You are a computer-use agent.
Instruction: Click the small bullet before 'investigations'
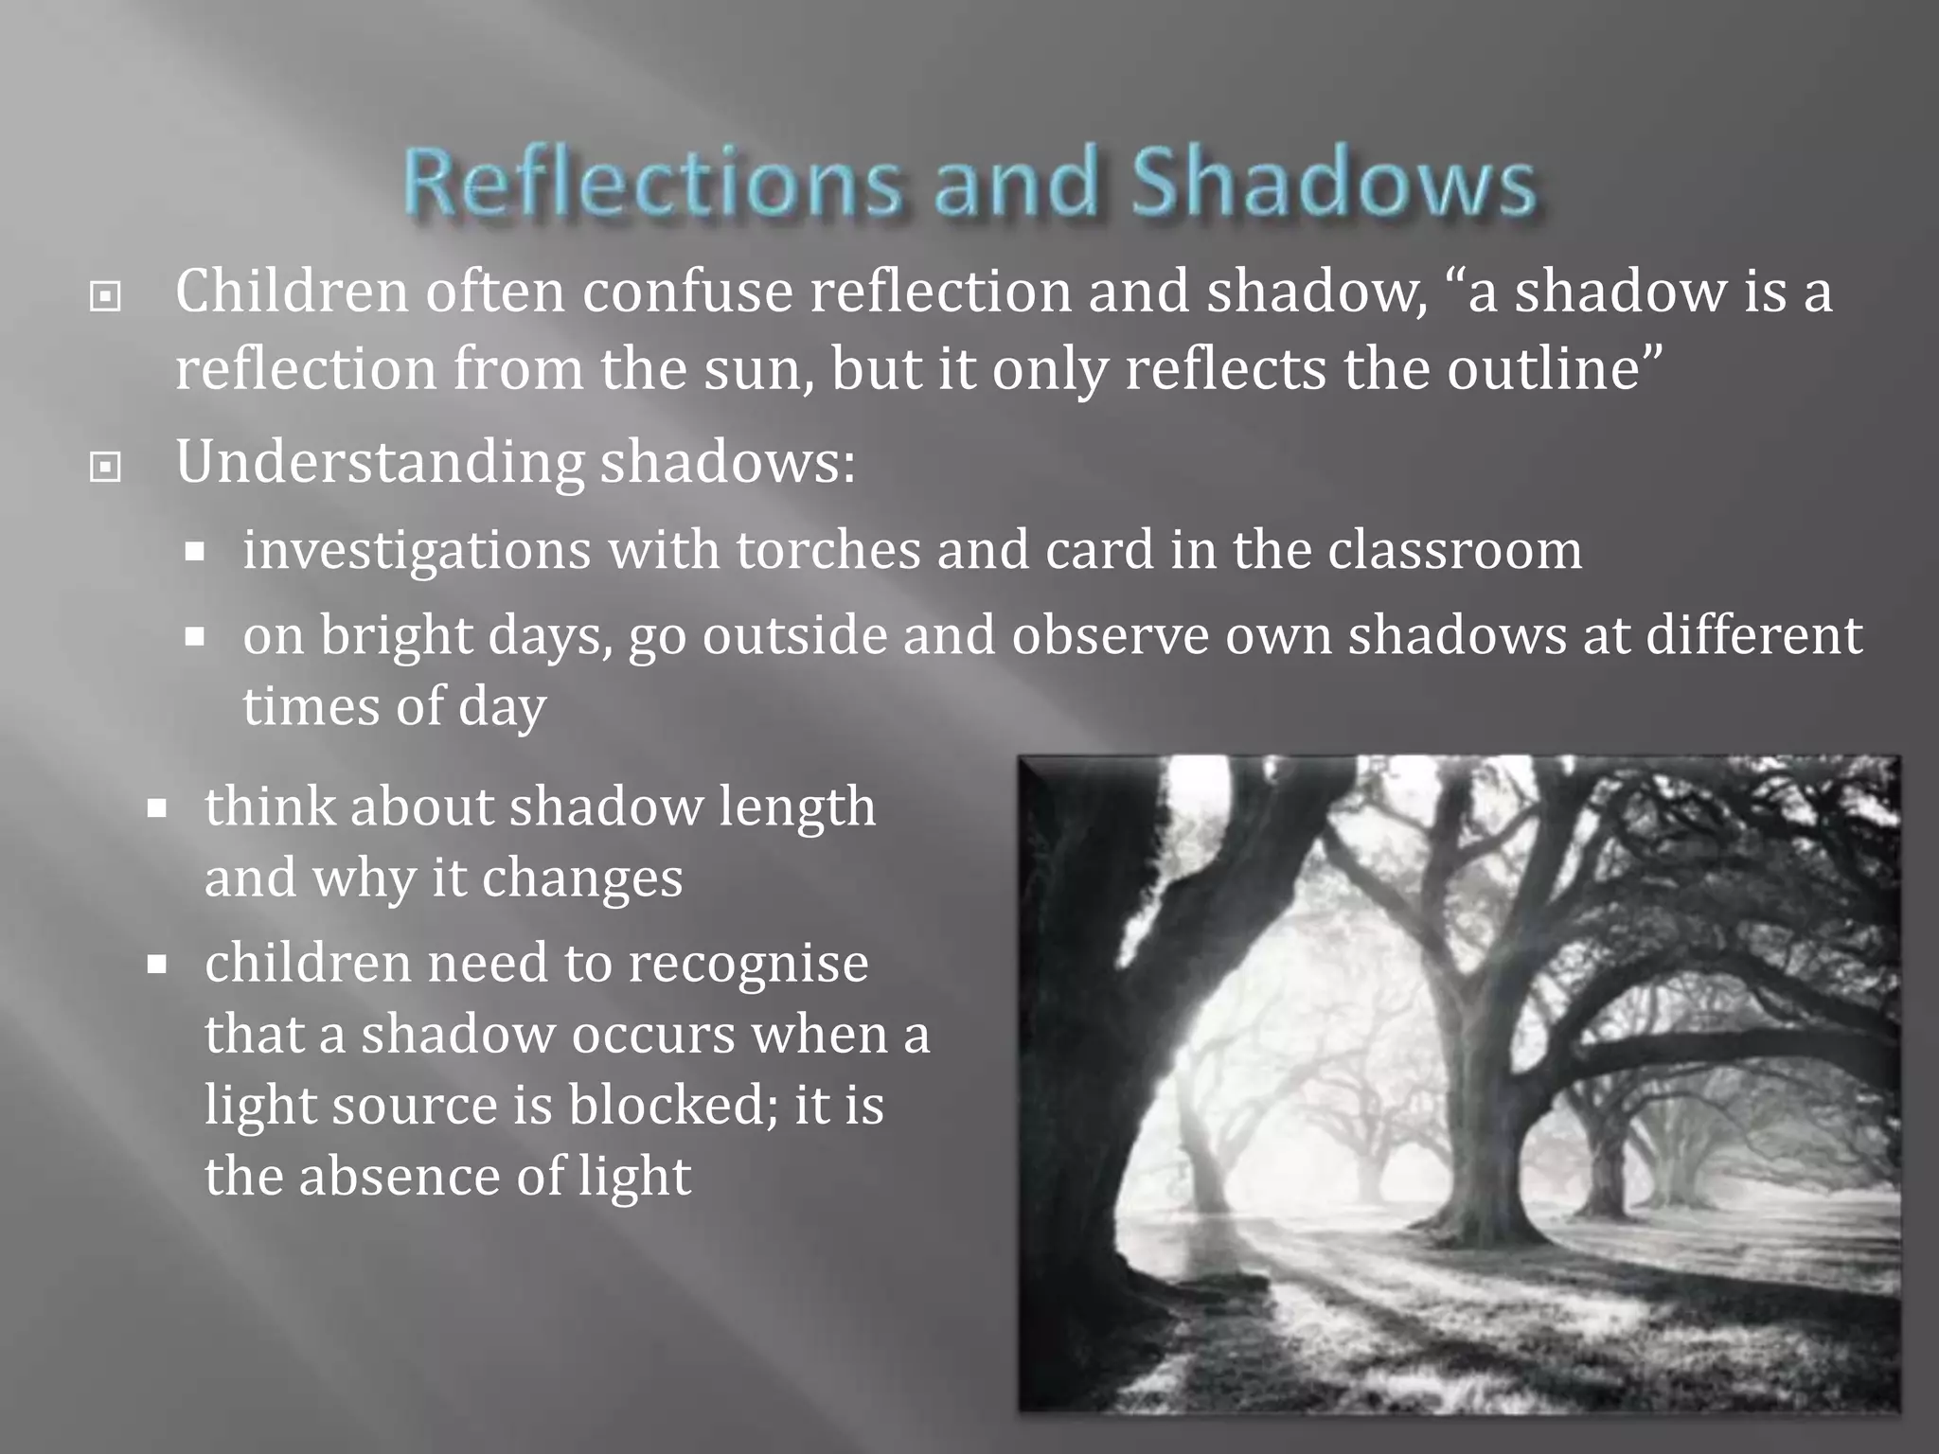click(195, 552)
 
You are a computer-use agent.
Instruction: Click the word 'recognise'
click(748, 964)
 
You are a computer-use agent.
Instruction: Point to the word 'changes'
click(581, 878)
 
